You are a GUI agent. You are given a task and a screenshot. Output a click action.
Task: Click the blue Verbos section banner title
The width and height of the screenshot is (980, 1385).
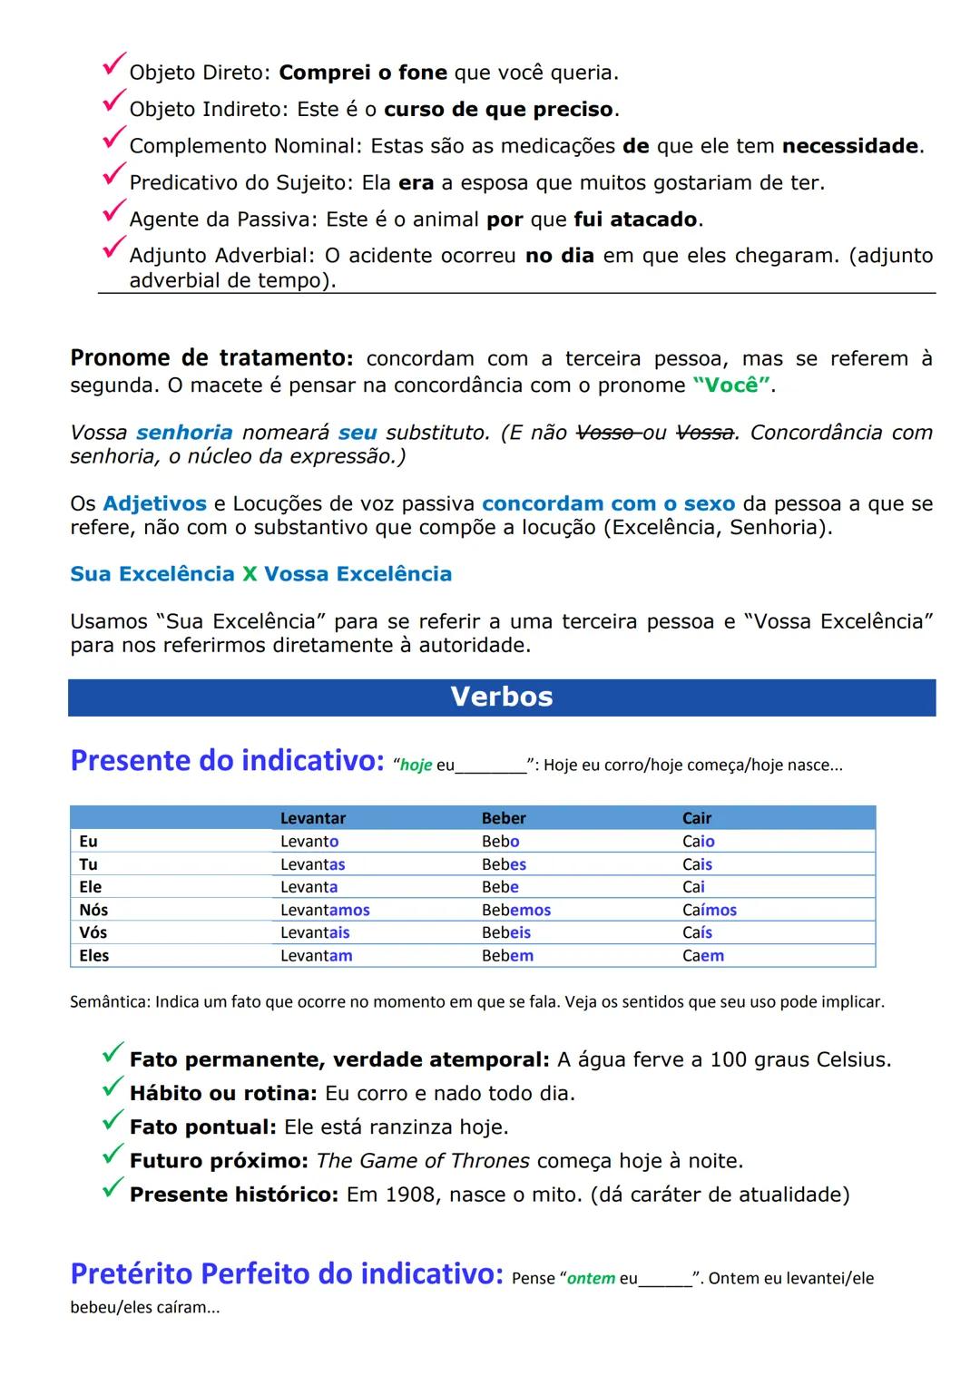point(501,697)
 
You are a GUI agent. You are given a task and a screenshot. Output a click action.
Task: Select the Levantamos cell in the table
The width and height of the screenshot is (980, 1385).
point(324,910)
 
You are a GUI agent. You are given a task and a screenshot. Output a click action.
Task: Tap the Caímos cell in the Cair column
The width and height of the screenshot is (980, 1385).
point(709,910)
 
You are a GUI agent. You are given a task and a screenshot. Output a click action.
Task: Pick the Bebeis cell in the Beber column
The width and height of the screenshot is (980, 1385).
point(505,932)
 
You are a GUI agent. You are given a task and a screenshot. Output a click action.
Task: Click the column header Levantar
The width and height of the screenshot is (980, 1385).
point(312,818)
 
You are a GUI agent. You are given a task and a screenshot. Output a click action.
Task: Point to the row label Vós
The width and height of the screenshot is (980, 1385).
point(93,932)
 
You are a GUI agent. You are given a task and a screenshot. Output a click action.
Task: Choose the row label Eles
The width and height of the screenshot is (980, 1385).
point(93,955)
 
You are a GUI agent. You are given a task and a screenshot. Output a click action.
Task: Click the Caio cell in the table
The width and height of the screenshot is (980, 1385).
point(698,842)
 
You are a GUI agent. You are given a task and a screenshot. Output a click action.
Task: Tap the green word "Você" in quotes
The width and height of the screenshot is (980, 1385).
point(732,385)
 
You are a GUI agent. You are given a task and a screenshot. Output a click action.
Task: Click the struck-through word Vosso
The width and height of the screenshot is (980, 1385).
point(605,433)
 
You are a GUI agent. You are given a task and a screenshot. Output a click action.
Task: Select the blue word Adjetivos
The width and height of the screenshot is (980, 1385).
point(154,503)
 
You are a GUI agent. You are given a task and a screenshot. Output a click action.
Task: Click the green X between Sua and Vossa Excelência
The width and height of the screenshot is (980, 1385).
point(250,574)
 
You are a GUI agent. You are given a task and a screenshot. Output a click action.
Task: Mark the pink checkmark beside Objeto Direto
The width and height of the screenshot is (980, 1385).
point(113,65)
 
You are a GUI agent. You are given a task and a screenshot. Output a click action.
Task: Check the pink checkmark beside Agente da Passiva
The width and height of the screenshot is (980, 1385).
point(113,212)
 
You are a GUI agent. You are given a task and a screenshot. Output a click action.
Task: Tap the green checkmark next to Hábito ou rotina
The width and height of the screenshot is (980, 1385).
point(113,1088)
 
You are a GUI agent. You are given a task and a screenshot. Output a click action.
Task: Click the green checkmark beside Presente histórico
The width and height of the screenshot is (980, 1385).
point(113,1188)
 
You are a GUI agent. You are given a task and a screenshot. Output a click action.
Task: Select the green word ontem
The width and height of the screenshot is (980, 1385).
point(591,1279)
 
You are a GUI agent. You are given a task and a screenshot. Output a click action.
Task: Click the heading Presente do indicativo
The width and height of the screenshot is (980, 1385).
point(227,760)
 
